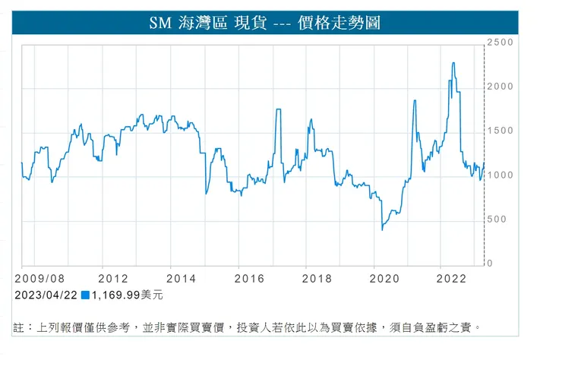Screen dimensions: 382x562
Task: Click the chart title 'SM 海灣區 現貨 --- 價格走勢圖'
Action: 264,23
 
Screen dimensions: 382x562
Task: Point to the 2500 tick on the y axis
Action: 501,43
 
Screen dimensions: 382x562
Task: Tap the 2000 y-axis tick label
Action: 501,87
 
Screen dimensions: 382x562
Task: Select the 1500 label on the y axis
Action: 501,131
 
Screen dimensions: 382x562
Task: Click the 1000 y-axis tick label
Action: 501,175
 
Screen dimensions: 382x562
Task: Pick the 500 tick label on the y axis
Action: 498,219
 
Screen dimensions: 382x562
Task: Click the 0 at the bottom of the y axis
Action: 491,264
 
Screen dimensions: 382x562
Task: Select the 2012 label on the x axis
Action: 112,279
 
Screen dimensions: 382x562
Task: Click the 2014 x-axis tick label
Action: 181,279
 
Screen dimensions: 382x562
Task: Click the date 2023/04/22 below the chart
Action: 46,295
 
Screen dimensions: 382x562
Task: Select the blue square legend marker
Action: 86,295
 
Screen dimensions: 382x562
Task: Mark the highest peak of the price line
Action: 453,63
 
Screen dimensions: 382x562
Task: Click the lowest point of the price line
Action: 382,229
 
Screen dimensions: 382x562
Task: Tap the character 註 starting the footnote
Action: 20,327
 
